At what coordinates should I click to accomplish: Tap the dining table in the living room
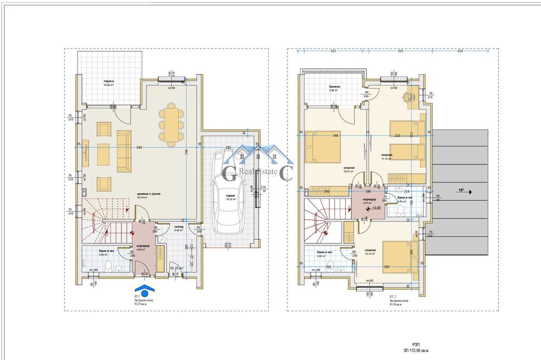point(170,125)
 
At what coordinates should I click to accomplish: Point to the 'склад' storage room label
point(179,227)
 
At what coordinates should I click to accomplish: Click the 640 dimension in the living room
point(140,148)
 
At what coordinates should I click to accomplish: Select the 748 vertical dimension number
point(186,152)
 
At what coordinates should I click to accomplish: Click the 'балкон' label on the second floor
point(334,86)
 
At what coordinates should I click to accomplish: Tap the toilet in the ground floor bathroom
point(109,265)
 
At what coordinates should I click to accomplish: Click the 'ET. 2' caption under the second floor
point(393,297)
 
